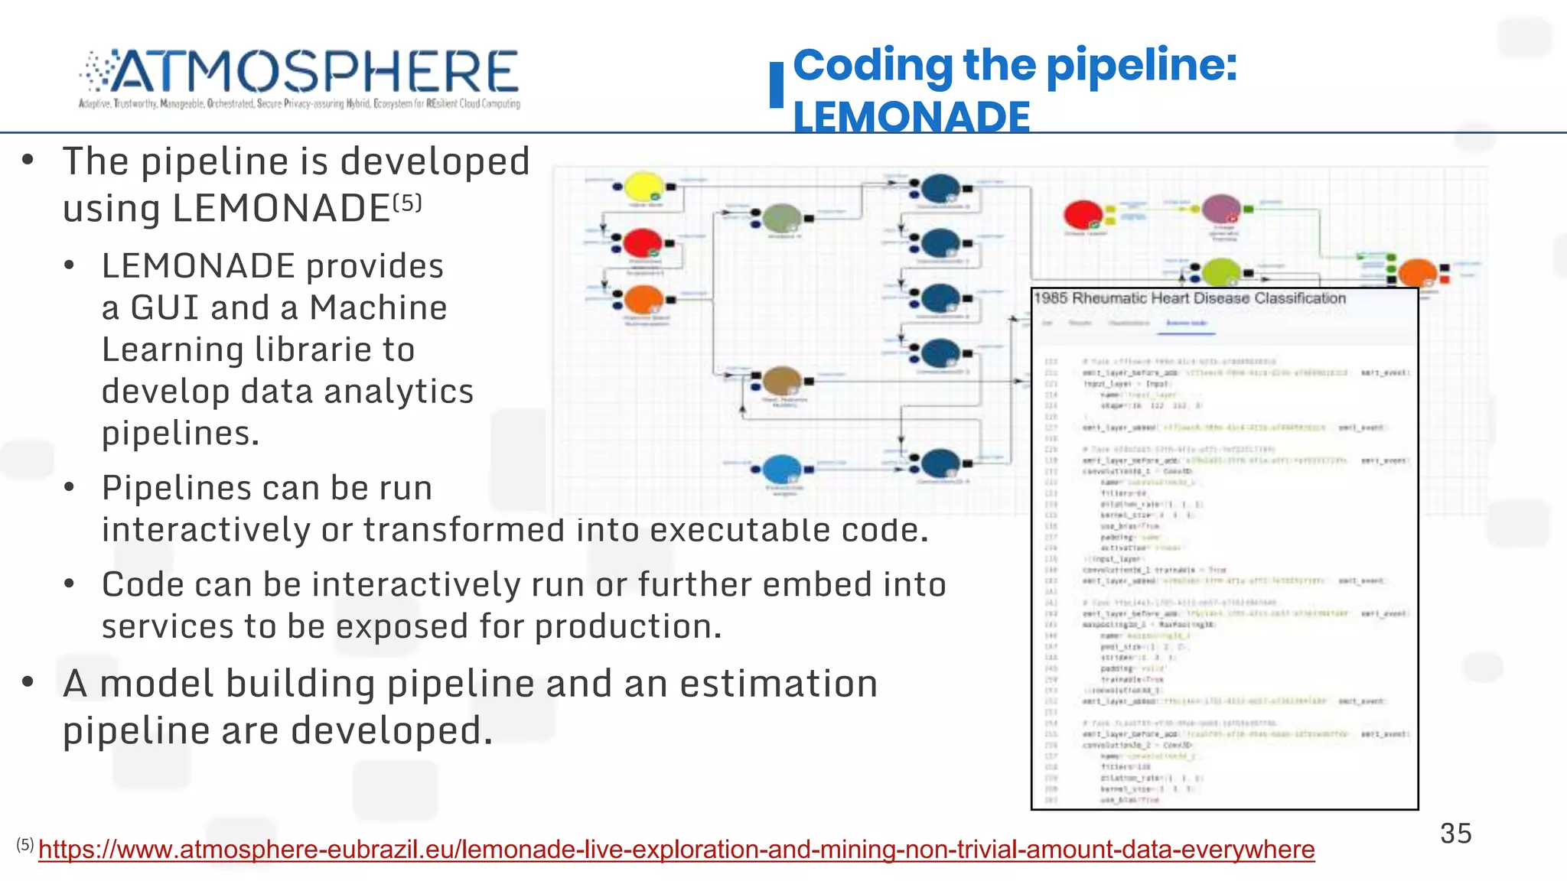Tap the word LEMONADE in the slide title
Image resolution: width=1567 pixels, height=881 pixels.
(911, 117)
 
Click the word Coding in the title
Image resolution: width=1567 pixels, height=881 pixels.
(872, 65)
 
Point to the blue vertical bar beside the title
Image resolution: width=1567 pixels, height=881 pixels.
(777, 84)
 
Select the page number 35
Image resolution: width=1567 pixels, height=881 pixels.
(1455, 833)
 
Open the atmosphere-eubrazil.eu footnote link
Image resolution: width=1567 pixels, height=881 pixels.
(676, 850)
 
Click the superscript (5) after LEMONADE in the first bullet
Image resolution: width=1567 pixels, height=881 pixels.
(407, 203)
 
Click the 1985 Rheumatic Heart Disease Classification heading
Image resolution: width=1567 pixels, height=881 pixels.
(1190, 298)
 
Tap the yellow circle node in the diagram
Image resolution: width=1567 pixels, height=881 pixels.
(644, 187)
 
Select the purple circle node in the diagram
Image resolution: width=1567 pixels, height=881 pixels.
(1221, 208)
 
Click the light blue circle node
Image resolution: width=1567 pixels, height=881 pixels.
(782, 468)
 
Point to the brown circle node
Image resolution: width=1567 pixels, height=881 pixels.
(782, 380)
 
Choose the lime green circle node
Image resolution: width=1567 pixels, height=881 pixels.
(1221, 271)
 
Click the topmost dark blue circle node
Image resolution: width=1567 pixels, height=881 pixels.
(940, 187)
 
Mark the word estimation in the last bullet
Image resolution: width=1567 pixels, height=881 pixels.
(778, 684)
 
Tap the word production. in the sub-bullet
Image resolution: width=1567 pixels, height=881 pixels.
(628, 626)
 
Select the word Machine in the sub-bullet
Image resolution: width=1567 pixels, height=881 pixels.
(378, 308)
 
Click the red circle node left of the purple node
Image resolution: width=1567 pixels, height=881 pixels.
(1083, 214)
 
